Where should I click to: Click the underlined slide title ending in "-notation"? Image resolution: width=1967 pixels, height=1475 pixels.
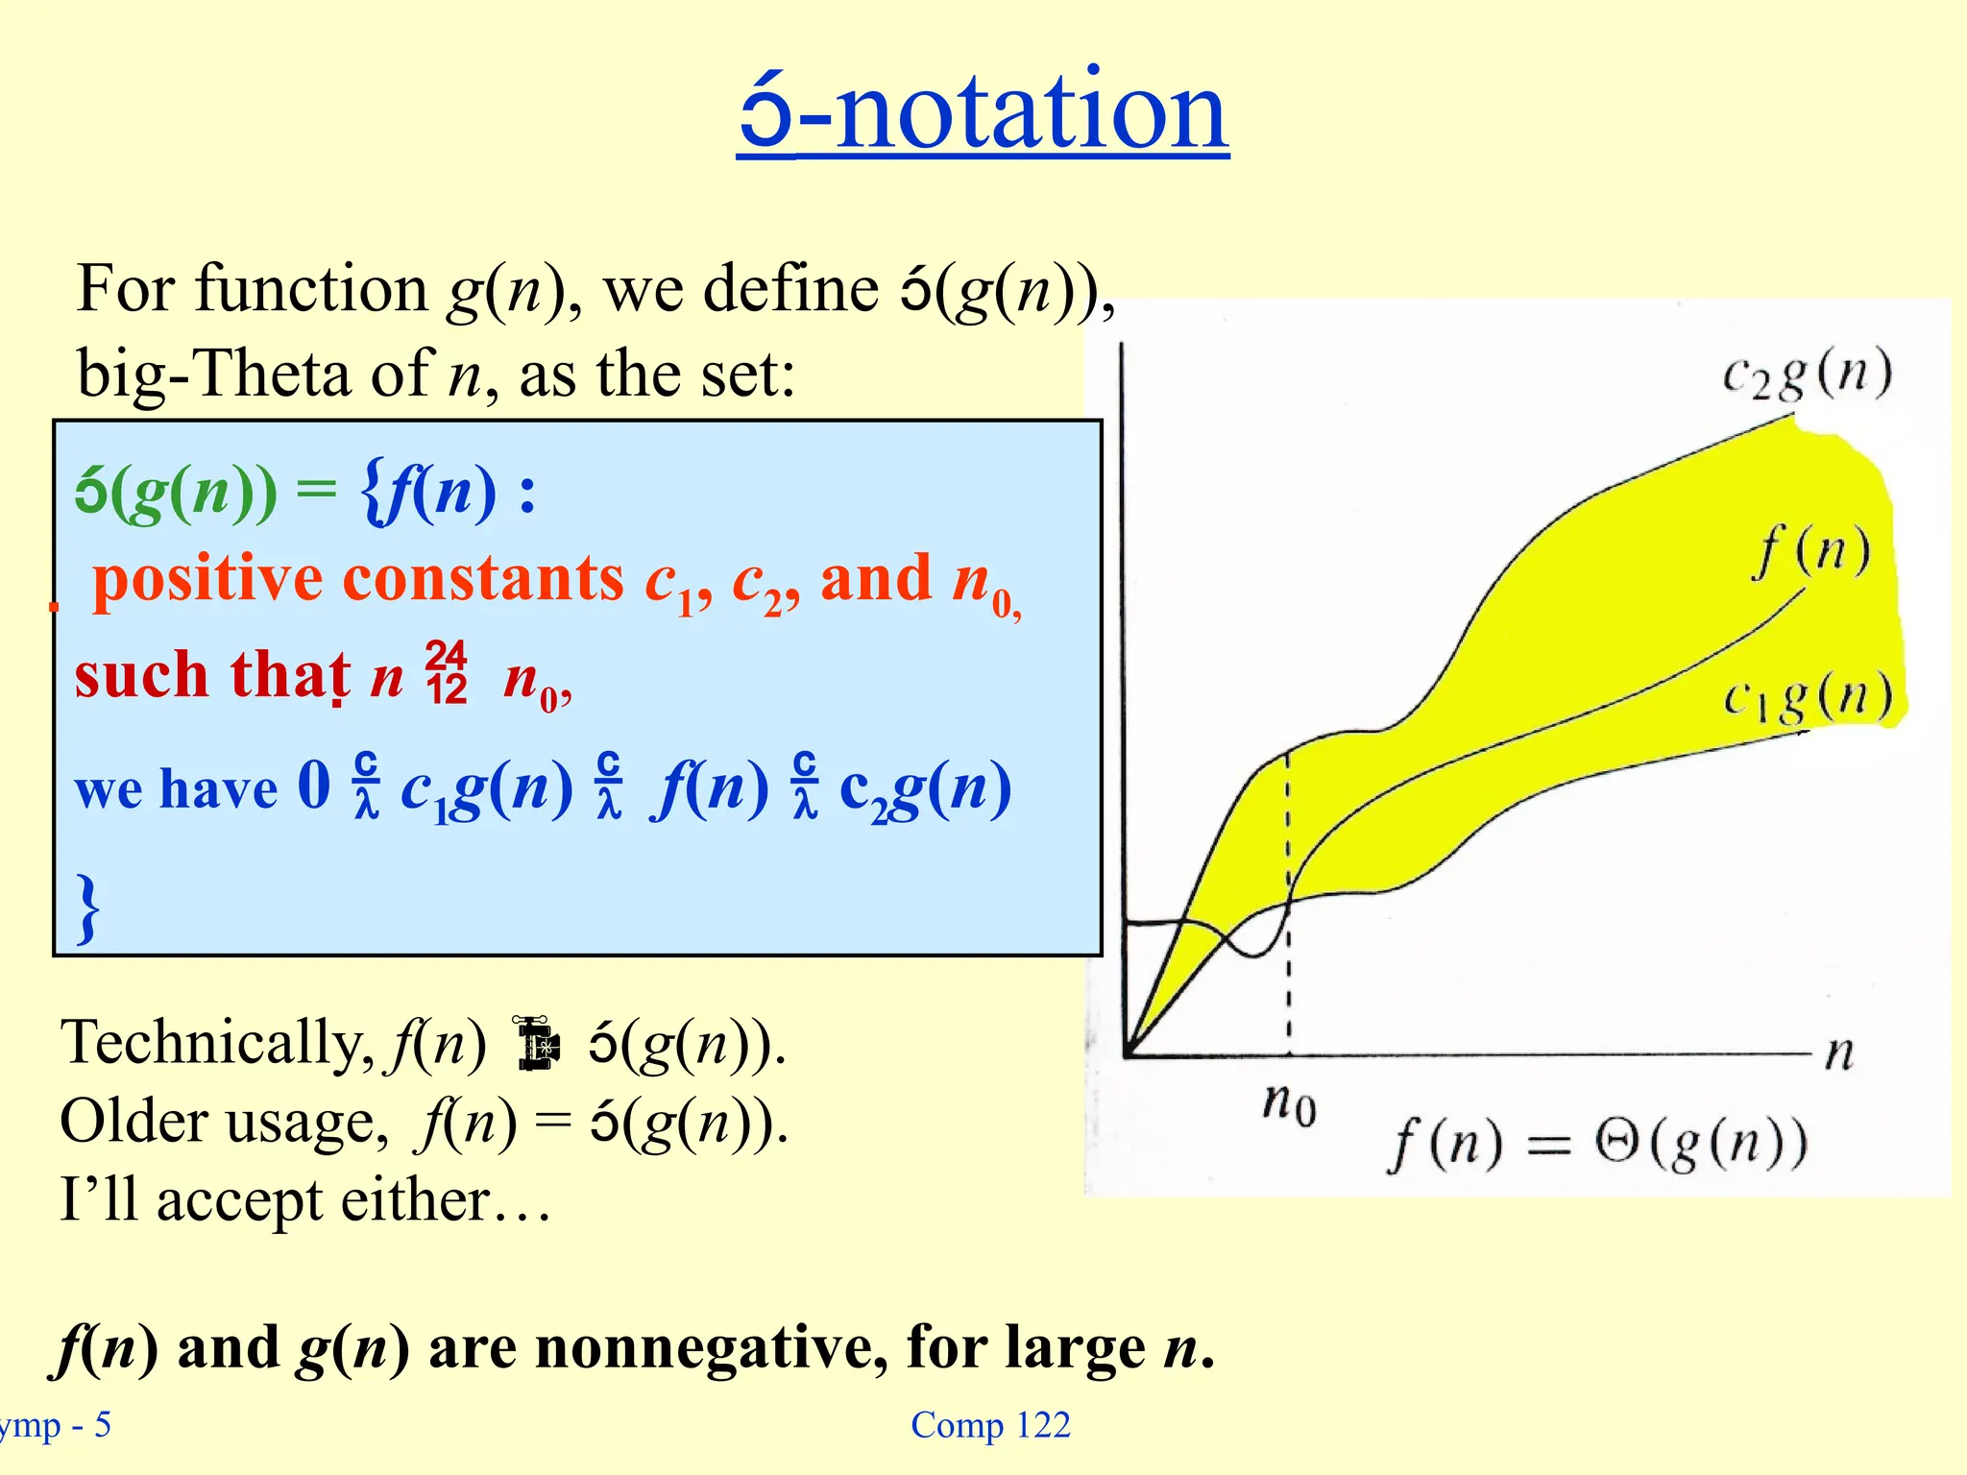[x=983, y=111]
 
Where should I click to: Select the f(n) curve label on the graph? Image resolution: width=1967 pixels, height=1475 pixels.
[x=1811, y=552]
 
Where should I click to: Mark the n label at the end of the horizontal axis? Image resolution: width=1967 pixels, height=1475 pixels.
[x=1838, y=1052]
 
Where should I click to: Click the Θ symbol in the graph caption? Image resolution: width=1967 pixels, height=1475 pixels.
[x=1617, y=1143]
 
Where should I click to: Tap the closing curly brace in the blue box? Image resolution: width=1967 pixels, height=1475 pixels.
[x=88, y=907]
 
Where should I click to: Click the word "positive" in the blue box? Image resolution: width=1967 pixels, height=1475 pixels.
[x=206, y=579]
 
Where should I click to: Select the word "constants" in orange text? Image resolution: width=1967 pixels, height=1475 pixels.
[x=483, y=579]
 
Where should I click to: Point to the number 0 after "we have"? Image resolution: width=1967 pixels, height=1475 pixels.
[x=314, y=785]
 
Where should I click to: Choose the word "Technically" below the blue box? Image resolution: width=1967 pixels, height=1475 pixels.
[x=216, y=1043]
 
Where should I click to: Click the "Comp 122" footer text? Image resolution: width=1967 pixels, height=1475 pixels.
[x=990, y=1425]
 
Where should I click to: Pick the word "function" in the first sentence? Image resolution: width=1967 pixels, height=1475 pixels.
[x=311, y=288]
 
